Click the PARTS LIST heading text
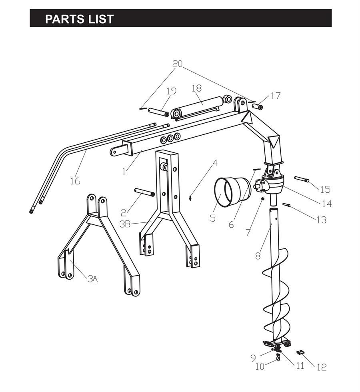pos(79,19)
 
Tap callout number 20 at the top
pos(178,64)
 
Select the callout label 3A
pos(92,278)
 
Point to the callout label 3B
pos(125,224)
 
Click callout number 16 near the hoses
pos(75,181)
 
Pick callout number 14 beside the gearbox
pos(327,204)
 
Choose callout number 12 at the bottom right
pos(322,367)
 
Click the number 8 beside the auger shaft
pos(258,256)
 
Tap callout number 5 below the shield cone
pos(213,218)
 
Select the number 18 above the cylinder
pos(197,88)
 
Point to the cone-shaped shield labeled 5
pos(232,191)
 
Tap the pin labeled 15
pos(302,179)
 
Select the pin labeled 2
pos(144,192)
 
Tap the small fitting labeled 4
pos(190,198)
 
